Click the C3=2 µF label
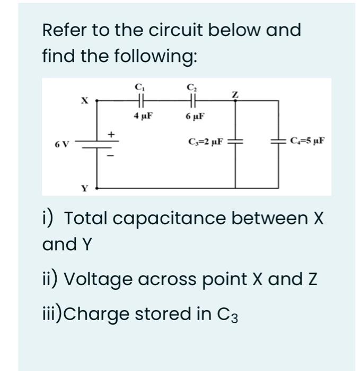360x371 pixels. [x=206, y=142]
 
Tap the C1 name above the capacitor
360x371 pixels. [x=139, y=86]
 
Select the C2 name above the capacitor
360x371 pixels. [x=191, y=86]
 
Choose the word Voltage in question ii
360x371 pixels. [x=99, y=279]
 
